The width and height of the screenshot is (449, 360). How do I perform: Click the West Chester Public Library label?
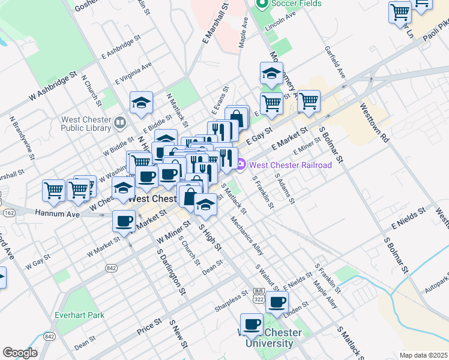click(x=85, y=124)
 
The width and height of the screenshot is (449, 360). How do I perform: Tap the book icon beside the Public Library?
click(x=120, y=124)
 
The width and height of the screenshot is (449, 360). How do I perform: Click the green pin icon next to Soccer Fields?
click(x=261, y=4)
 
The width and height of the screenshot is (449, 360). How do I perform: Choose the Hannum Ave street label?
click(x=57, y=213)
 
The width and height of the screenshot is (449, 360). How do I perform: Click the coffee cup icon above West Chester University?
click(x=252, y=325)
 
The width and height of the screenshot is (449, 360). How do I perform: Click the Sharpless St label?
click(x=231, y=303)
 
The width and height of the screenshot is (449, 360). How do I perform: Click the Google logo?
click(x=20, y=353)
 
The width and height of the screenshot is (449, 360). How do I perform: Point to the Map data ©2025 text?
click(x=423, y=355)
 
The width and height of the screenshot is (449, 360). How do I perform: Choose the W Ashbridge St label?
click(x=54, y=85)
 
